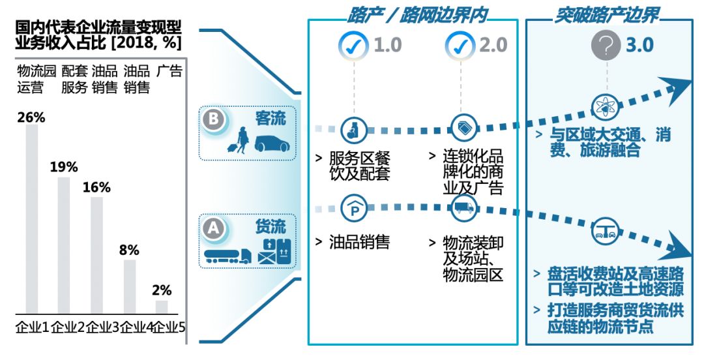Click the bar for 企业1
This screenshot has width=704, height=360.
(31, 218)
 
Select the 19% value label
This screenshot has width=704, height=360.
(64, 167)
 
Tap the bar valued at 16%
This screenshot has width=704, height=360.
(96, 255)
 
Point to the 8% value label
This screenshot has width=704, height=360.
(129, 250)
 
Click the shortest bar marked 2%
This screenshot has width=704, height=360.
(162, 307)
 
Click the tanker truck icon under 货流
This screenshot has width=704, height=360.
(227, 256)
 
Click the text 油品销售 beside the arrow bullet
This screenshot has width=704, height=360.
(359, 243)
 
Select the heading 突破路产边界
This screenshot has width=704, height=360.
(607, 14)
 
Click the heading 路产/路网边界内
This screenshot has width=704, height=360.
(418, 14)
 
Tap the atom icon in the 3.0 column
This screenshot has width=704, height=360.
(604, 106)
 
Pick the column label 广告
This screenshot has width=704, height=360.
(169, 71)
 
